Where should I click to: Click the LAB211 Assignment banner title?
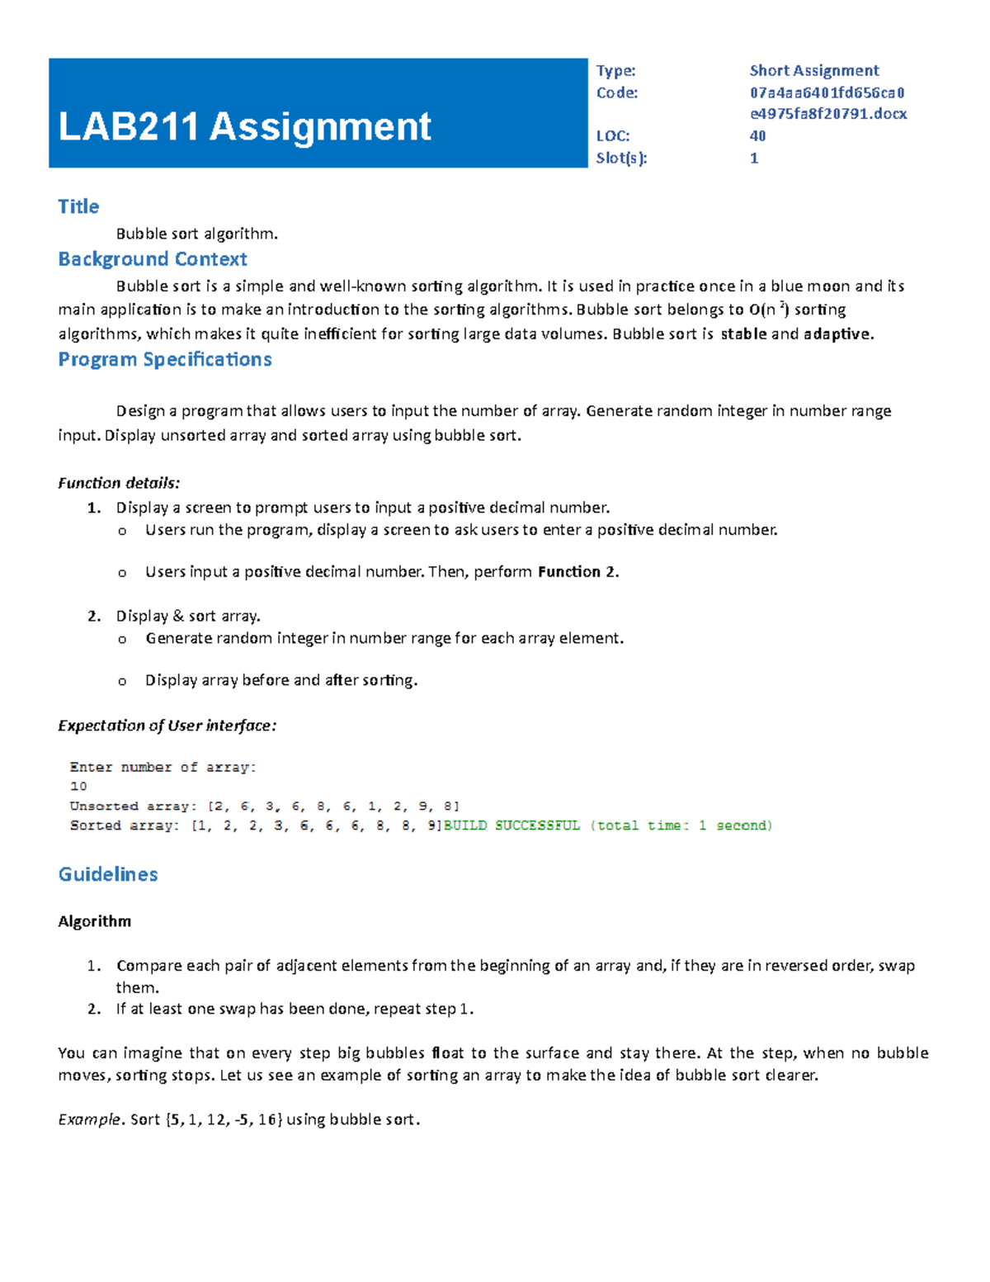[244, 127]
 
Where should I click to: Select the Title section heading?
[78, 206]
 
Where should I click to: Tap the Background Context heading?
[153, 259]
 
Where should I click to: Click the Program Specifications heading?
[165, 359]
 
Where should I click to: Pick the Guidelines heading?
[108, 874]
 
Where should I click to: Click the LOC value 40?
[757, 135]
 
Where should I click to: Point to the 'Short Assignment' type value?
[813, 70]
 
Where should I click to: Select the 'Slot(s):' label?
[621, 158]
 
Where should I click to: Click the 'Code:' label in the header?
[617, 92]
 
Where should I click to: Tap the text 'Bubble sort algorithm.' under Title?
[197, 234]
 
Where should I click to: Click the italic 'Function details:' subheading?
[119, 483]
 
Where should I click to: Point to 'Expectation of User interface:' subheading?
[167, 726]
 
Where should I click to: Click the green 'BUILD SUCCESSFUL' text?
[511, 825]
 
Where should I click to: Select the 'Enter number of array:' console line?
[163, 767]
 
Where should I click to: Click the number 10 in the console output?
[78, 787]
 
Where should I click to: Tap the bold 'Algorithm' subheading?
[94, 921]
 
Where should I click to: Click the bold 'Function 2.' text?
[577, 571]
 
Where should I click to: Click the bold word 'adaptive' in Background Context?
[836, 334]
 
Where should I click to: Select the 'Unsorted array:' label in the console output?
[133, 806]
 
